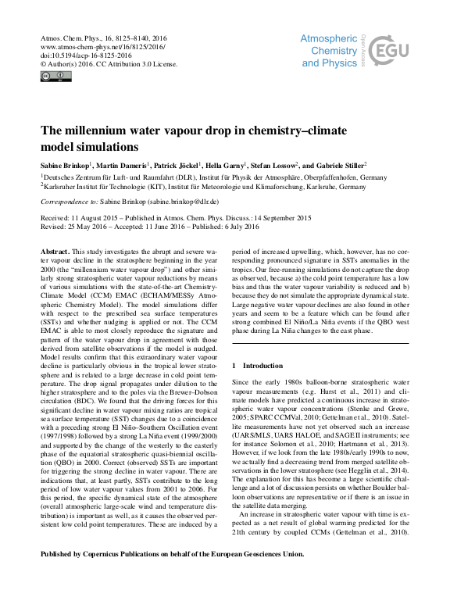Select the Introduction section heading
tap(262, 366)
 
